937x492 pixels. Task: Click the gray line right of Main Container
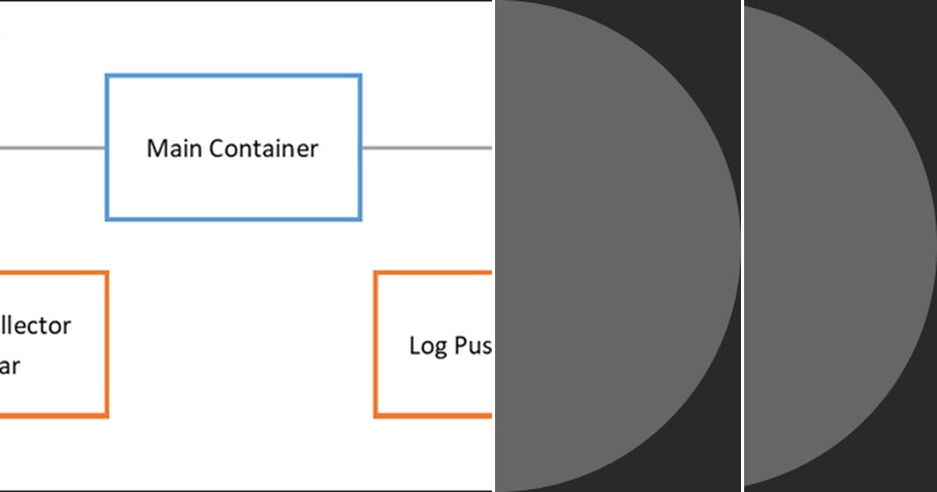coord(426,147)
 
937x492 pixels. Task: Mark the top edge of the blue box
coord(233,76)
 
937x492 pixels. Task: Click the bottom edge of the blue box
coord(233,219)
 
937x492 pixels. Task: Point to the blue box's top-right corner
coord(360,76)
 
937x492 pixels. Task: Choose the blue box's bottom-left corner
coord(107,219)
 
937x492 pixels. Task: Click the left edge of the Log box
coord(376,344)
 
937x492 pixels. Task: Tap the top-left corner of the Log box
coord(376,273)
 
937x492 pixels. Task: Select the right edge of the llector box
coord(106,344)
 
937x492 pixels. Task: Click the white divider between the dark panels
coord(742,246)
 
